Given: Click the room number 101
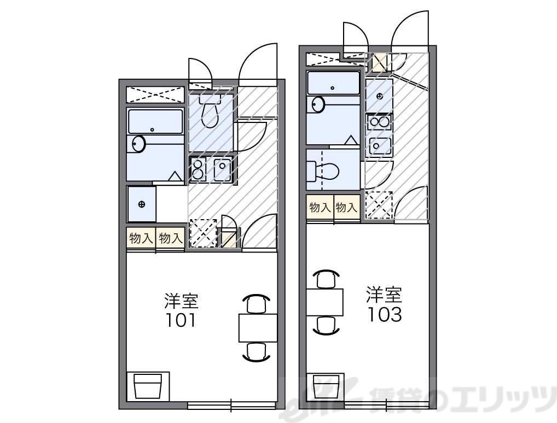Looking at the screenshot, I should (x=181, y=320).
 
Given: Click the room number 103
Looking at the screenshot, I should (x=384, y=315).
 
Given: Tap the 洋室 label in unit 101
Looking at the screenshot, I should (x=181, y=301).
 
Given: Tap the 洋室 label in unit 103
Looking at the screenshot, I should (x=384, y=295).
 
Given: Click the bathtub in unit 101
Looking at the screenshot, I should (x=155, y=121).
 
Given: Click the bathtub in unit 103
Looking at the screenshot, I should (x=333, y=83).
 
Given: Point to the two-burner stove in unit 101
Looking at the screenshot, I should (x=198, y=169).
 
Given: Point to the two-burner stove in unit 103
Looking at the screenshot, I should (x=379, y=121).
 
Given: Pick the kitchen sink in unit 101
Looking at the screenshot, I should (x=223, y=169).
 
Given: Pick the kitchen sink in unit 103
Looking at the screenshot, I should (x=379, y=145).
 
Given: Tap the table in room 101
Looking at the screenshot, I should (x=258, y=328).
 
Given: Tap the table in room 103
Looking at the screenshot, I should (x=324, y=302).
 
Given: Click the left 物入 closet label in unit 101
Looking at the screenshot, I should (x=141, y=238).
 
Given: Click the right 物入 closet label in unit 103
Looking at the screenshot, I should (x=346, y=208).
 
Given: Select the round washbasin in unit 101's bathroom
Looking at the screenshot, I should (x=138, y=144).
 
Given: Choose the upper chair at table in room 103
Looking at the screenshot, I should (x=325, y=279).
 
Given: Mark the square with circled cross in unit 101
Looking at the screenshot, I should (x=142, y=204).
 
